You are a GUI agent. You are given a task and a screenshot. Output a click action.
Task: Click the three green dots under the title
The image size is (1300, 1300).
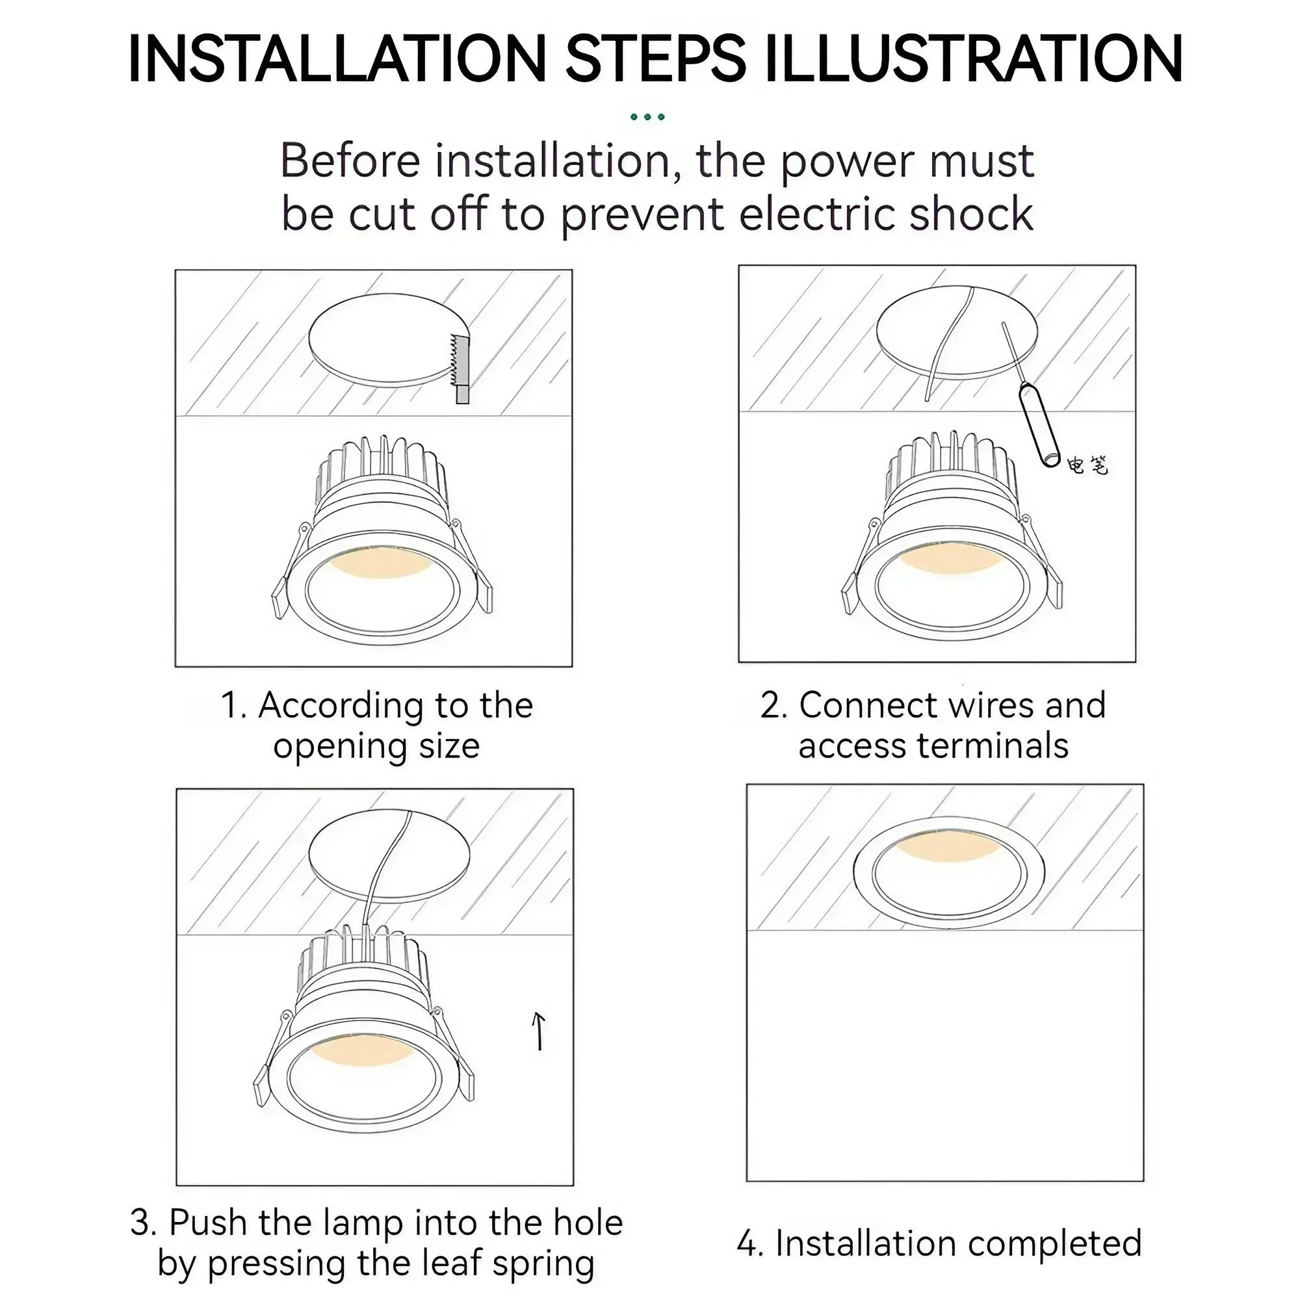click(x=647, y=117)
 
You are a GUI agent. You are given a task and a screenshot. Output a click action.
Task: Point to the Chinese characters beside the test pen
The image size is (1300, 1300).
click(x=1087, y=464)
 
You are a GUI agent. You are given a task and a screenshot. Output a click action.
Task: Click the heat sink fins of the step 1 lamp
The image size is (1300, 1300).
click(x=381, y=471)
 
